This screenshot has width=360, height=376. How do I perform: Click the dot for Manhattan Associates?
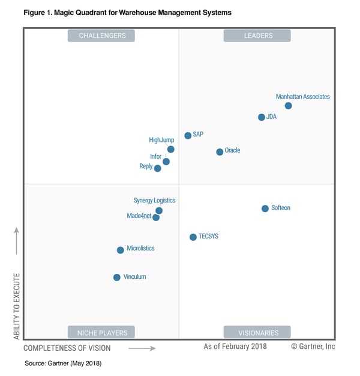pos(288,106)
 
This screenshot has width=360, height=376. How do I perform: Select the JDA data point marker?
pos(262,117)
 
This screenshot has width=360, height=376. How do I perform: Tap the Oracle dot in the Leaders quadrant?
pos(220,152)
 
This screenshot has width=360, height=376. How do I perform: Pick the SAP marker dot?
pos(188,136)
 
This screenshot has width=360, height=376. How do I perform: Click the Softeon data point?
pos(265,208)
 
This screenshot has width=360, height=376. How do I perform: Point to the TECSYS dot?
pos(193,237)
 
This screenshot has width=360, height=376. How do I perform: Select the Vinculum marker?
pos(117,277)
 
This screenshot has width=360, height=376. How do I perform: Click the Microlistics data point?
pos(121,250)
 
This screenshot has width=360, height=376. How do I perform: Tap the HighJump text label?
pos(161,140)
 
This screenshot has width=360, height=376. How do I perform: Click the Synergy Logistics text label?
pos(154,201)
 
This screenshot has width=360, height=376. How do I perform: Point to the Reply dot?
pos(158,168)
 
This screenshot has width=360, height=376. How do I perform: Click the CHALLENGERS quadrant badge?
pos(101,35)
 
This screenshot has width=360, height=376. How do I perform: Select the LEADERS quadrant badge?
pos(257,35)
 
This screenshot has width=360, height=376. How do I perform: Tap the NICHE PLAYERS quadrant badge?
pos(101,332)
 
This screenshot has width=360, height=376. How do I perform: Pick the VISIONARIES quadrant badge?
pos(257,332)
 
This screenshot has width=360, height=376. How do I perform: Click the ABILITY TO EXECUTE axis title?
pos(17,306)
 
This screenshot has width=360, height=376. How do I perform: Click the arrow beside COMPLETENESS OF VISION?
pos(142,348)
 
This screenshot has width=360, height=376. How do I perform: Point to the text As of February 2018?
pos(235,347)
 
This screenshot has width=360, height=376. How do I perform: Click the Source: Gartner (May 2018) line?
pos(63,363)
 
